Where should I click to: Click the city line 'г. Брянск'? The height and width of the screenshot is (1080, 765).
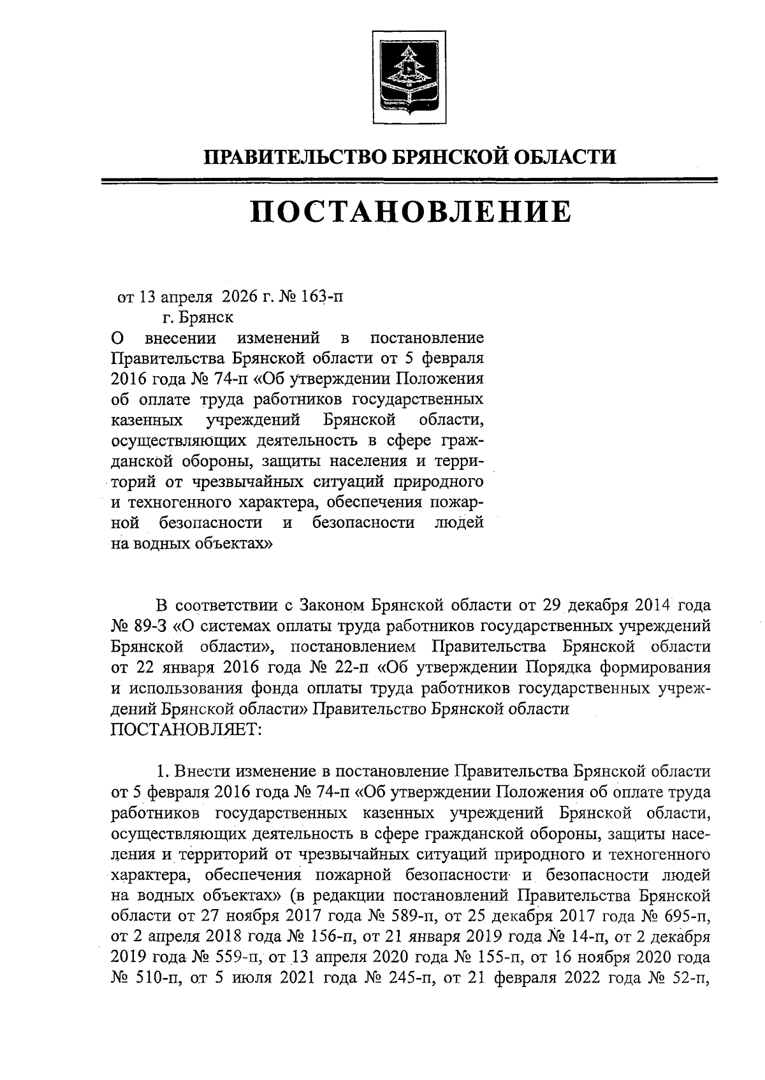click(x=198, y=316)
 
